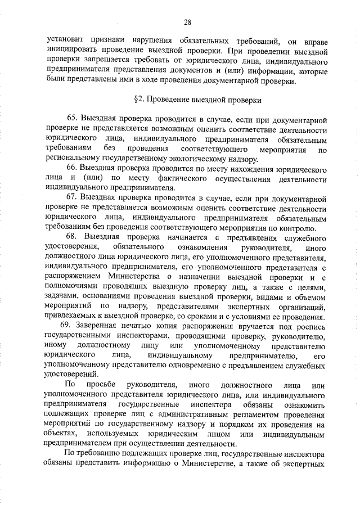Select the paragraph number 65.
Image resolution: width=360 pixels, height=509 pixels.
[x=71, y=120]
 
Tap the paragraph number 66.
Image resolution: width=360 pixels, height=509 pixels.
[x=71, y=169]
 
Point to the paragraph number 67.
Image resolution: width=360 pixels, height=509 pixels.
[x=71, y=199]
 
